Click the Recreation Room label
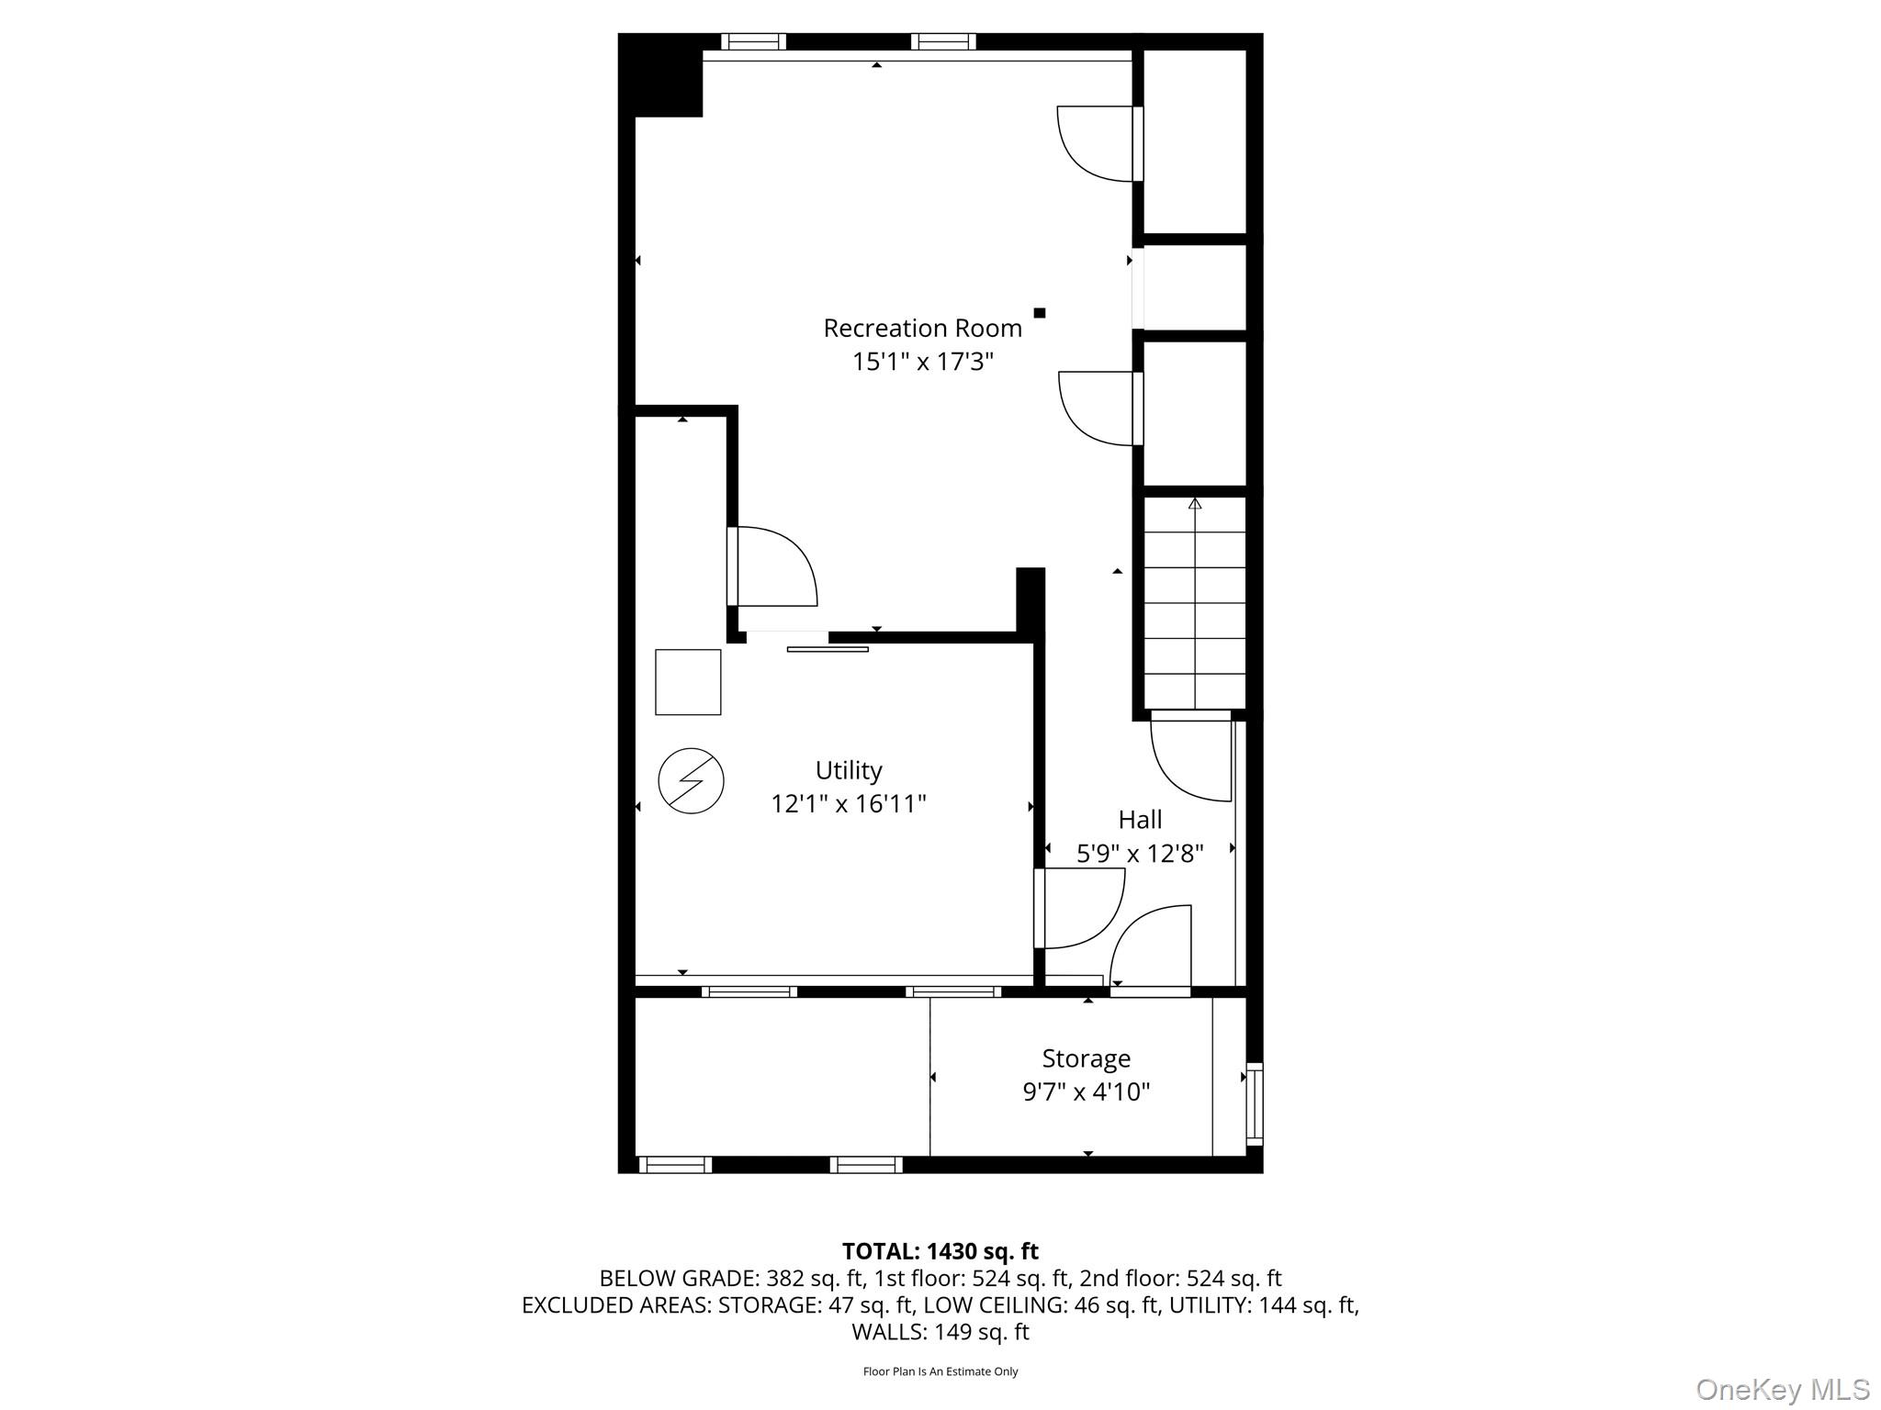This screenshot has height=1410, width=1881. tap(922, 328)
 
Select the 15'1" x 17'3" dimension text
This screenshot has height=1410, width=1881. tap(923, 362)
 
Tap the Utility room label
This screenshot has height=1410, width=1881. tap(849, 770)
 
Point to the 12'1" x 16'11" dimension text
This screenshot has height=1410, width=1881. tap(849, 804)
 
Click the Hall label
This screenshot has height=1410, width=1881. tap(1140, 819)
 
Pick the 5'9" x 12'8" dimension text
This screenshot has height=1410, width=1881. tap(1140, 854)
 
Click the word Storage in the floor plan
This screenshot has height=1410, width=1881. tap(1086, 1059)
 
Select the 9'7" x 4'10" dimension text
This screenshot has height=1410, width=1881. tap(1087, 1092)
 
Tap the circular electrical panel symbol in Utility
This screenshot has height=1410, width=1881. tap(692, 781)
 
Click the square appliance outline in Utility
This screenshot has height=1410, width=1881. tap(688, 682)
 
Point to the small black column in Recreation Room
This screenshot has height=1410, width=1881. tap(1040, 313)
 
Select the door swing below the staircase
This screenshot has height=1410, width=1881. tap(1190, 760)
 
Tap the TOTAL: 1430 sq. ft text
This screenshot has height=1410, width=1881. tap(940, 1251)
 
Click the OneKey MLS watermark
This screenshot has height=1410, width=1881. tap(1783, 1389)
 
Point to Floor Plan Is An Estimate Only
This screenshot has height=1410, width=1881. tap(940, 1371)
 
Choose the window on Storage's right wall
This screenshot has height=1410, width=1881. tap(1254, 1104)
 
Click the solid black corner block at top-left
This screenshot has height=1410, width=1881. tap(661, 75)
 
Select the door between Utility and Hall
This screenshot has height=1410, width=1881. tap(1079, 909)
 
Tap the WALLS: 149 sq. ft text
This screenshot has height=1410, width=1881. tap(940, 1332)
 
